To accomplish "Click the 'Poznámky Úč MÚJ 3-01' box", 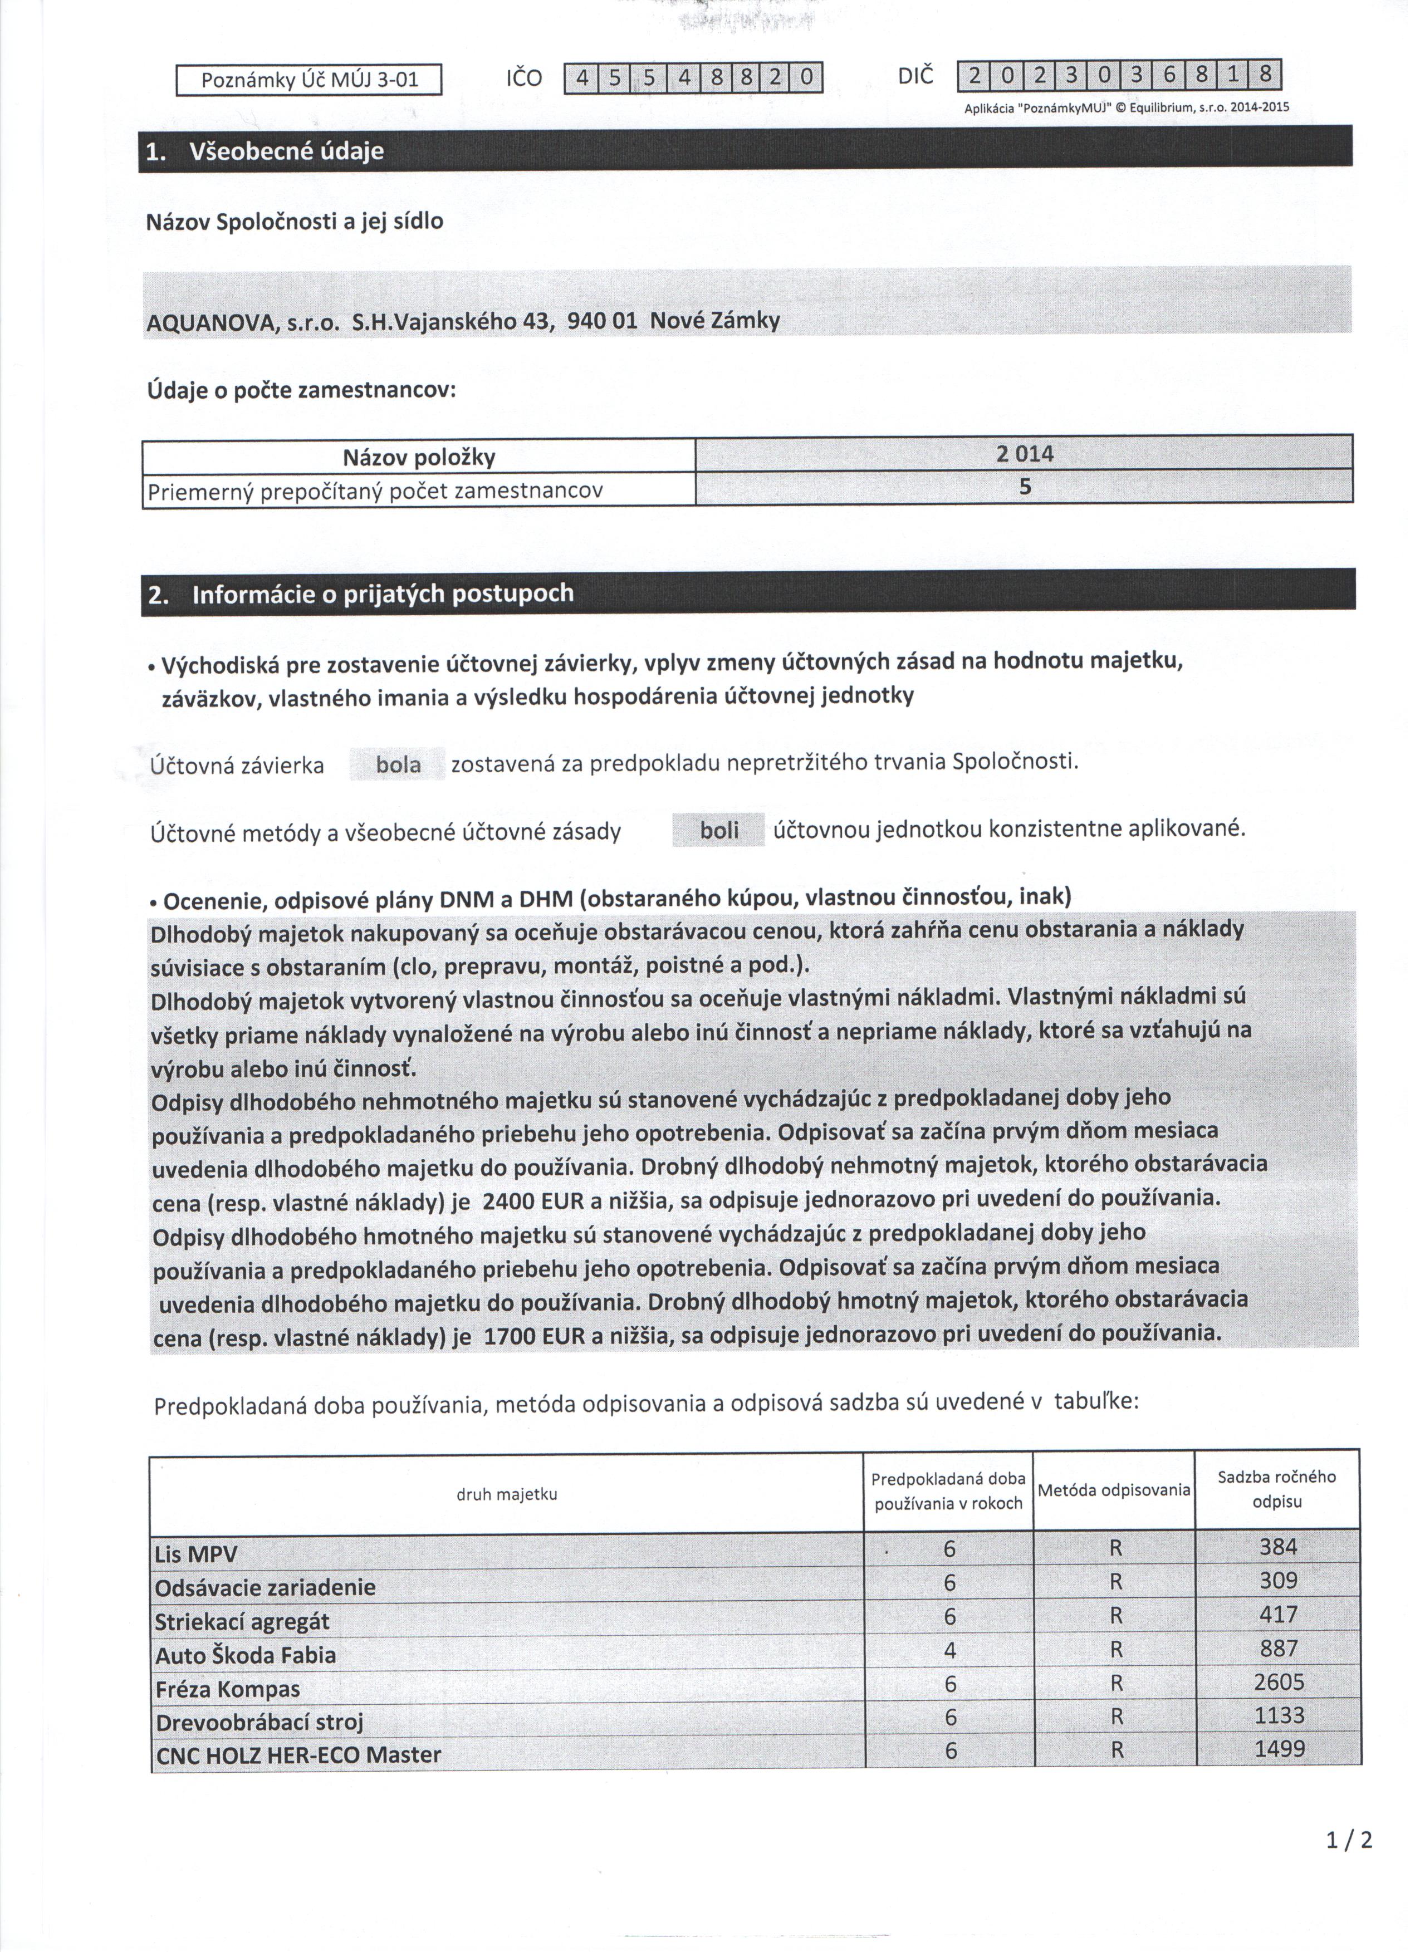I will [x=309, y=80].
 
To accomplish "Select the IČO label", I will [x=524, y=79].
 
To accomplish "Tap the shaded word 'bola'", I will [x=399, y=765].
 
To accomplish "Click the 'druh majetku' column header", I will [x=507, y=1494].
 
